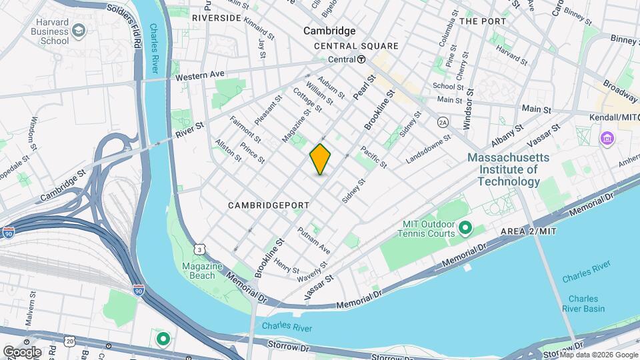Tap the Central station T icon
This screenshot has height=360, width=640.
click(x=361, y=59)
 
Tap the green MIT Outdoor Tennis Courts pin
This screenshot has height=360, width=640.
click(x=465, y=229)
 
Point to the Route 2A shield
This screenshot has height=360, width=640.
click(x=442, y=123)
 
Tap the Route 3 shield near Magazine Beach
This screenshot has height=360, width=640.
click(x=199, y=249)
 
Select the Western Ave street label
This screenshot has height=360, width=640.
click(x=201, y=75)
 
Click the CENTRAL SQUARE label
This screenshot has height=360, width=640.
click(x=356, y=46)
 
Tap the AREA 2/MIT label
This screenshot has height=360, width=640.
click(x=528, y=231)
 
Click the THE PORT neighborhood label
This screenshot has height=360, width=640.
click(x=484, y=21)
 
